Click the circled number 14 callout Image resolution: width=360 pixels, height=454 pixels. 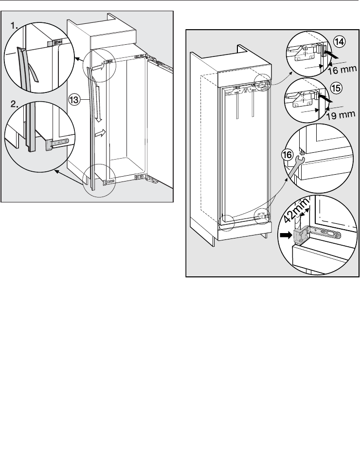(340, 42)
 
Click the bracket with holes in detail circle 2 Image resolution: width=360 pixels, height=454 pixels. (59, 143)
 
